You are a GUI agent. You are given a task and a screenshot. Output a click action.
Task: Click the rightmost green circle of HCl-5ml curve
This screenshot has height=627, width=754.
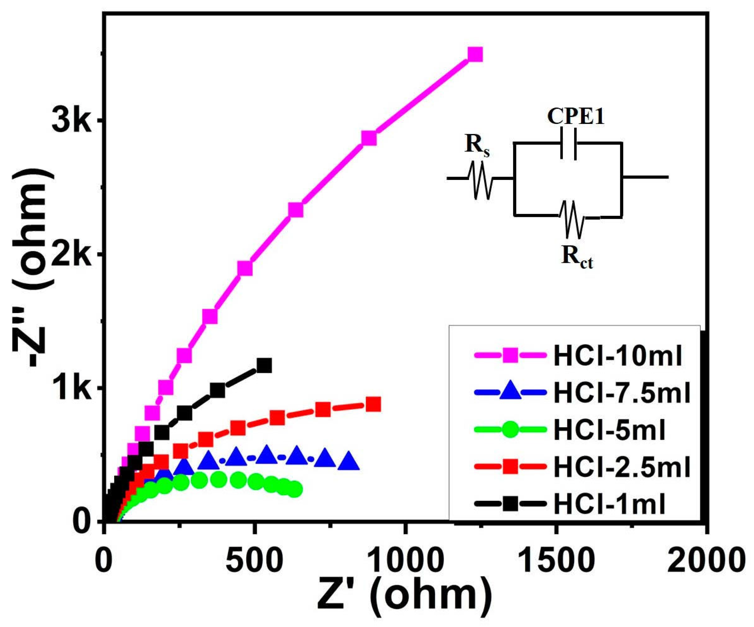click(x=295, y=489)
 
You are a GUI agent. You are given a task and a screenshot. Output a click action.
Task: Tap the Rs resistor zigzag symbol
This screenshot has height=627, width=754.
click(x=480, y=180)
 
